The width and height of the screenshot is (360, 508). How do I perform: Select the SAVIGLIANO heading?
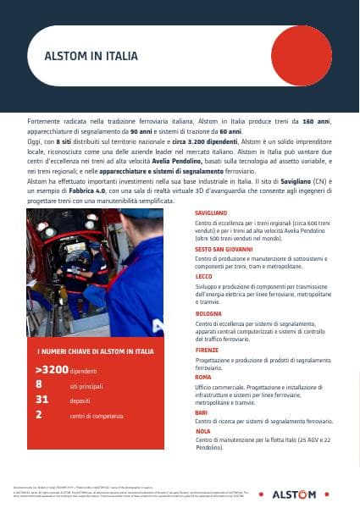pyautogui.click(x=211, y=213)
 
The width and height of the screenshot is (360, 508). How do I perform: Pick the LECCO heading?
pyautogui.click(x=203, y=277)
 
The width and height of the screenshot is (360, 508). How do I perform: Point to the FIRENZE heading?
pyautogui.click(x=207, y=350)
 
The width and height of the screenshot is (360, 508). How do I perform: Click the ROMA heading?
pyautogui.click(x=202, y=377)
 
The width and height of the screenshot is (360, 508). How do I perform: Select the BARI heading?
pyautogui.click(x=202, y=412)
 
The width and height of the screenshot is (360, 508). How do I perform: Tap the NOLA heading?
pyautogui.click(x=202, y=431)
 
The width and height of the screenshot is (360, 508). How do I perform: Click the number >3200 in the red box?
pyautogui.click(x=51, y=371)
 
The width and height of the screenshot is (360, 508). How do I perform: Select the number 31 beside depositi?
pyautogui.click(x=42, y=400)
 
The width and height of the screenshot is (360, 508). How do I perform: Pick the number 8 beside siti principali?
pyautogui.click(x=39, y=384)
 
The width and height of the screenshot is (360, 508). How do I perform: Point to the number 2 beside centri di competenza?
pyautogui.click(x=39, y=414)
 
